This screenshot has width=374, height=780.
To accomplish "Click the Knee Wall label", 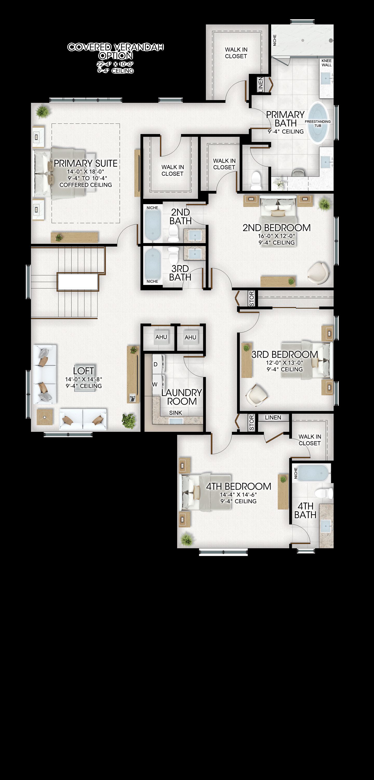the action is pyautogui.click(x=326, y=63).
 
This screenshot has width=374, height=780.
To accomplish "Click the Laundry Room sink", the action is pyautogui.click(x=176, y=421).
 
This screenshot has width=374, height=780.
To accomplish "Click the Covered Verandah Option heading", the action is pyautogui.click(x=116, y=51).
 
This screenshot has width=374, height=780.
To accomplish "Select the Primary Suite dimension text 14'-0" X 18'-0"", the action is pyautogui.click(x=86, y=171).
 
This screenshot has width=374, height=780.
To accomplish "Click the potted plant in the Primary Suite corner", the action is pyautogui.click(x=42, y=111).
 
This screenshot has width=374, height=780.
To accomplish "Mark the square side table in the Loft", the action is pyautogui.click(x=45, y=417).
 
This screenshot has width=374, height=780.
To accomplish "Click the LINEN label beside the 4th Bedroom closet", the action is pyautogui.click(x=273, y=417).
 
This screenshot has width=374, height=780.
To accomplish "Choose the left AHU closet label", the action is pyautogui.click(x=161, y=337).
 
